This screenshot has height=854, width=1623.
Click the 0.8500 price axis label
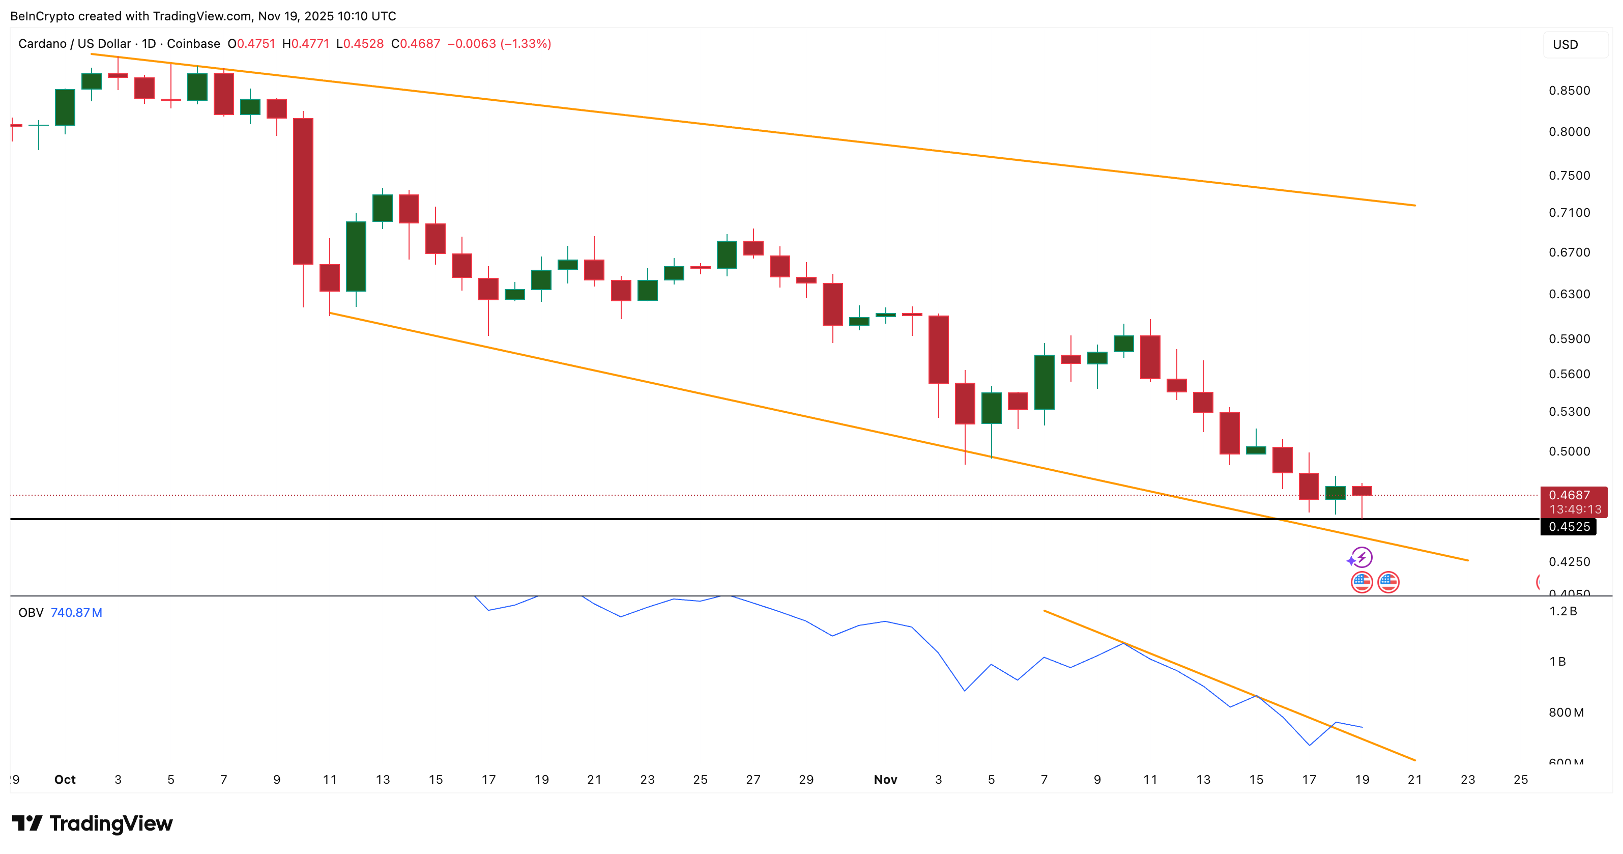click(x=1569, y=91)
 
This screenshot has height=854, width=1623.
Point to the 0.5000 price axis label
click(x=1569, y=451)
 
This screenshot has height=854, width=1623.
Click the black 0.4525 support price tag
click(x=1568, y=527)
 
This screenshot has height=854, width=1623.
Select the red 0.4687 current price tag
click(x=1573, y=495)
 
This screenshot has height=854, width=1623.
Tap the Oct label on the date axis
click(x=65, y=780)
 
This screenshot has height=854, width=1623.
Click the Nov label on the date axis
click(x=885, y=780)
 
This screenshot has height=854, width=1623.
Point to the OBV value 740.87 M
click(x=76, y=613)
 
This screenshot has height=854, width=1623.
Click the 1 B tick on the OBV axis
click(x=1557, y=662)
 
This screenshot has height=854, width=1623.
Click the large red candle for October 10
click(x=303, y=191)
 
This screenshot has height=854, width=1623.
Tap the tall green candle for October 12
click(x=356, y=257)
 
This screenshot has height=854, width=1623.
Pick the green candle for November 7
click(x=1044, y=382)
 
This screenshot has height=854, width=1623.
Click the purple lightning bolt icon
click(x=1362, y=557)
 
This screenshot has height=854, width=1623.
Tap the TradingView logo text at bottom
click(x=110, y=824)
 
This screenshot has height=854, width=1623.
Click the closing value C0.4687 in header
click(x=416, y=43)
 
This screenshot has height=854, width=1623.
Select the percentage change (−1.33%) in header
click(x=526, y=43)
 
